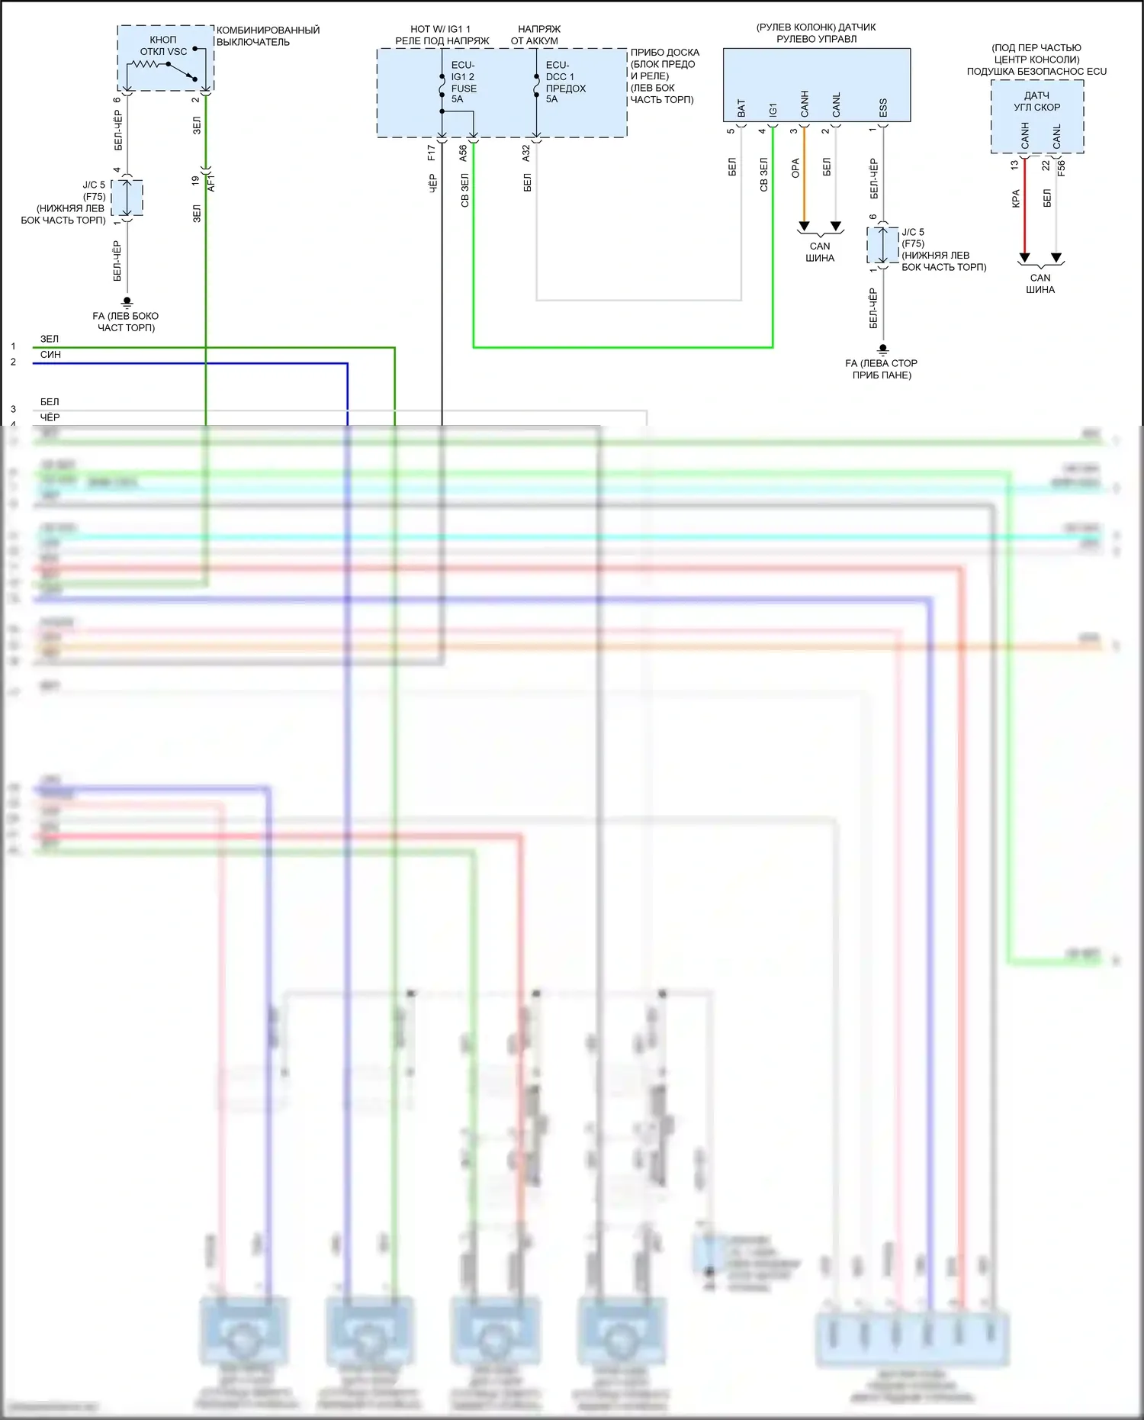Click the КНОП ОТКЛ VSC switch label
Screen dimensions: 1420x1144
click(162, 46)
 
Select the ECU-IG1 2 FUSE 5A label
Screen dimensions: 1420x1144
click(463, 82)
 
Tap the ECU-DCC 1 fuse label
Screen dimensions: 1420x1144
click(564, 82)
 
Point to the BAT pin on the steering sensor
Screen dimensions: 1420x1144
click(741, 108)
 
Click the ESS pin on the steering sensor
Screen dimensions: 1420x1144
click(883, 108)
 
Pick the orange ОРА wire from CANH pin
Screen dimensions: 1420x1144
click(804, 175)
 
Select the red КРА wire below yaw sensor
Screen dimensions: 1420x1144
click(1024, 206)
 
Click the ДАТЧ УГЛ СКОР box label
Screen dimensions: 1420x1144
click(1036, 101)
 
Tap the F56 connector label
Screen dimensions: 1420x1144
click(1061, 168)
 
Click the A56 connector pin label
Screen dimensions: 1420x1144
click(463, 153)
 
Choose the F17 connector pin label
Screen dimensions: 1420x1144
click(432, 153)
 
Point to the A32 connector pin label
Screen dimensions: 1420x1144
click(526, 153)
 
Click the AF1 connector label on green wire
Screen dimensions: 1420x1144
click(211, 182)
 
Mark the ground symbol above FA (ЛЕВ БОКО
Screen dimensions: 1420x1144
click(127, 302)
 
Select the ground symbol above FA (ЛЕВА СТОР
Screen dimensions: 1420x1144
click(883, 349)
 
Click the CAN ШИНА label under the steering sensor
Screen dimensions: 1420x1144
click(820, 252)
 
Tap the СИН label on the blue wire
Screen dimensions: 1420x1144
click(50, 355)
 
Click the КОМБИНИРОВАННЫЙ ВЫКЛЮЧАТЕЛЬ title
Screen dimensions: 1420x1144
click(268, 36)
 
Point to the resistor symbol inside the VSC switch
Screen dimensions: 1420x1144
click(145, 65)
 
